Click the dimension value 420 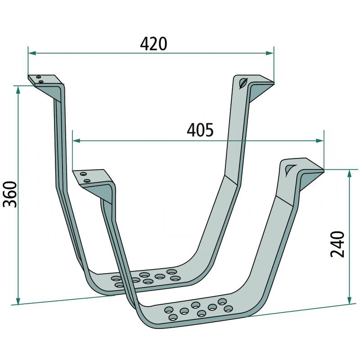pos(153,43)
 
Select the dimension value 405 pos(200,130)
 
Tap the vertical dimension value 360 pos(9,194)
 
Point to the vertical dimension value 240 pos(337,243)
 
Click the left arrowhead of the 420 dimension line pos(32,53)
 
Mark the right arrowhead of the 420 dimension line pos(270,53)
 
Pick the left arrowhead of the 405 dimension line pos(76,141)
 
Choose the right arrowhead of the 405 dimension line pos(320,141)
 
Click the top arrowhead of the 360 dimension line pos(18,90)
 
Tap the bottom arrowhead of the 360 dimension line pos(18,301)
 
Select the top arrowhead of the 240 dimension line pos(350,174)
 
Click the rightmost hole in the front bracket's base pos(229,308)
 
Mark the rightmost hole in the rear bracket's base pos(176,279)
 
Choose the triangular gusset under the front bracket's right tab pos(309,180)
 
